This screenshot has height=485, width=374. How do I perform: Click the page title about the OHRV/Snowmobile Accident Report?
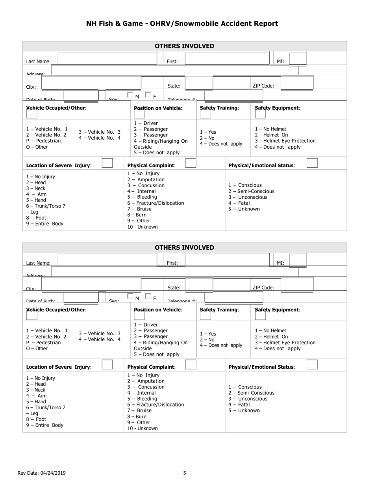182,24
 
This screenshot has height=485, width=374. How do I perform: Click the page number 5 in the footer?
185,473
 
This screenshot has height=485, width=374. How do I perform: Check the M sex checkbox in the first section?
130,95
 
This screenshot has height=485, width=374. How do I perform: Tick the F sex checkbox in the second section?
148,296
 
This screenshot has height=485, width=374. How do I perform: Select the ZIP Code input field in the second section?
297,284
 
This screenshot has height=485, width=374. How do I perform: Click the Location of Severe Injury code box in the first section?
107,163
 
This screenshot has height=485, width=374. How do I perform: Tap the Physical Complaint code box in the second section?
191,365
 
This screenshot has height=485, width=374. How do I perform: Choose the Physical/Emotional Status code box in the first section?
312,163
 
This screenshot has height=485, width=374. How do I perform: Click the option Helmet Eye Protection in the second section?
285,343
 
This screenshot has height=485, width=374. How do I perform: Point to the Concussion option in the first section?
146,185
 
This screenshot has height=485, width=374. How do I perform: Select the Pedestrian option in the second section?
44,343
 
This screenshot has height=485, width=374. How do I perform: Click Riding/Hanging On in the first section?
161,141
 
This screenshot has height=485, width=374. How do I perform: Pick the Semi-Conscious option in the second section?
251,393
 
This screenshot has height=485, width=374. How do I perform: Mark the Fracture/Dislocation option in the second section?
156,405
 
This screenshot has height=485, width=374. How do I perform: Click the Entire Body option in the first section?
44,224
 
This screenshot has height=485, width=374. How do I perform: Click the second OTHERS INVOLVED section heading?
184,248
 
